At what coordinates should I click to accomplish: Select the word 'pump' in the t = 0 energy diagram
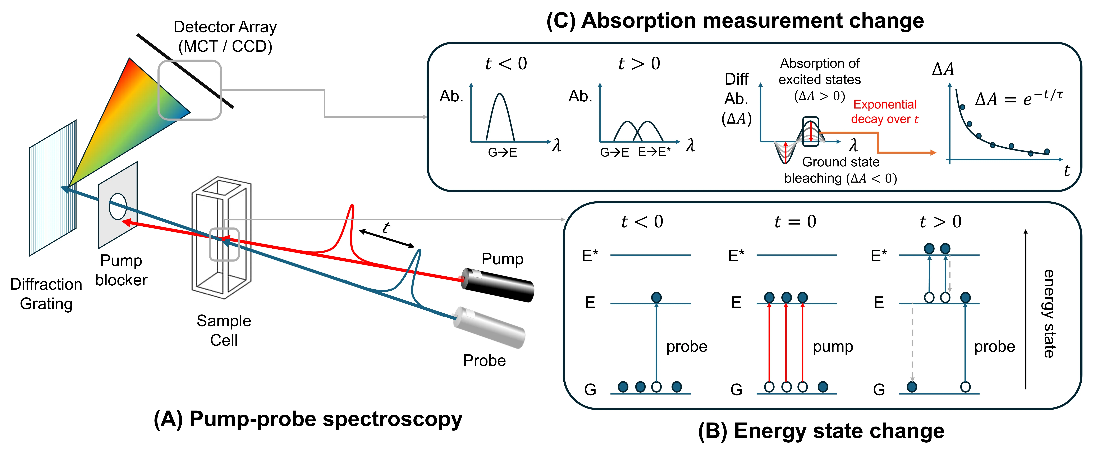833,347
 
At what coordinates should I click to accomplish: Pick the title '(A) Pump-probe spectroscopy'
308,419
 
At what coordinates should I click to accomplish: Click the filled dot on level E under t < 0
656,297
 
